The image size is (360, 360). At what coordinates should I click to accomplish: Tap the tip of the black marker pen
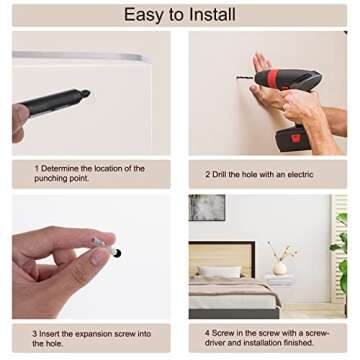coord(87,93)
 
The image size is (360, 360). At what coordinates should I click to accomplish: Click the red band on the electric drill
coord(273,79)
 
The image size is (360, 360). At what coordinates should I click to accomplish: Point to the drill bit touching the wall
coord(245,79)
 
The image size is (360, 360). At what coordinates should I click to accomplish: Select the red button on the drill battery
coord(296,138)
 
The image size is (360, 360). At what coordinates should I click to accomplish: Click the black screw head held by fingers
coord(117,253)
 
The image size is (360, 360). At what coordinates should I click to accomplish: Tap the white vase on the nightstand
coord(280,268)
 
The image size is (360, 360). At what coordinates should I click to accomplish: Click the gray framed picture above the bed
coord(207,208)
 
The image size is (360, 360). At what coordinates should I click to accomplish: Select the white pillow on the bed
coord(220,271)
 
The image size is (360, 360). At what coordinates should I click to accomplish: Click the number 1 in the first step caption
coord(36,168)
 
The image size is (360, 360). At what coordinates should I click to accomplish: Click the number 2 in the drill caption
coord(207,174)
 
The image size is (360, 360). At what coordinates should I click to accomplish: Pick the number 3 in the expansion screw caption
coord(35,334)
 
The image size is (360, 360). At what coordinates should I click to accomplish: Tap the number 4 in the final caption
coord(207,333)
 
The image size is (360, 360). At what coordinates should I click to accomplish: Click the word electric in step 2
coord(300,174)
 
